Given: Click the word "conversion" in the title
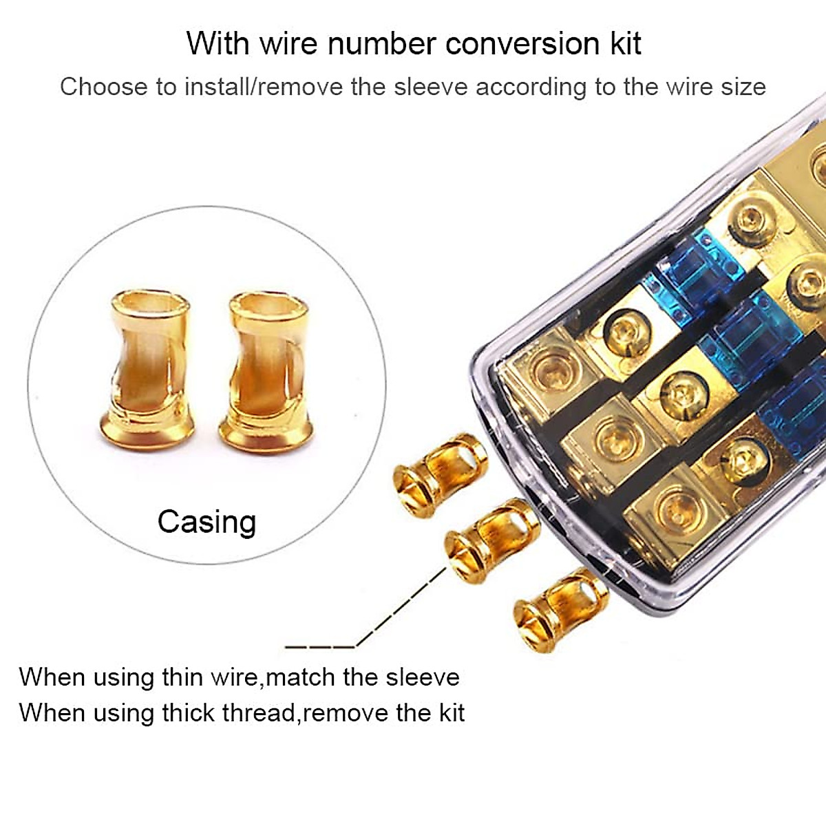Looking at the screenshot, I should [x=524, y=44].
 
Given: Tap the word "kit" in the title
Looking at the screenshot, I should [x=626, y=44].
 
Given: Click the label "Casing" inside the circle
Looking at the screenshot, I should [x=206, y=522].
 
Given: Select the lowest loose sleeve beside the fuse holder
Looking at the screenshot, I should [x=559, y=608].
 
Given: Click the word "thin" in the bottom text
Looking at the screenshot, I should [x=182, y=677].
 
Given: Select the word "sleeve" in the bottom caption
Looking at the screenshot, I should [x=422, y=677].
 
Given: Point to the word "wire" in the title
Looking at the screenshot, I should [x=289, y=44].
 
